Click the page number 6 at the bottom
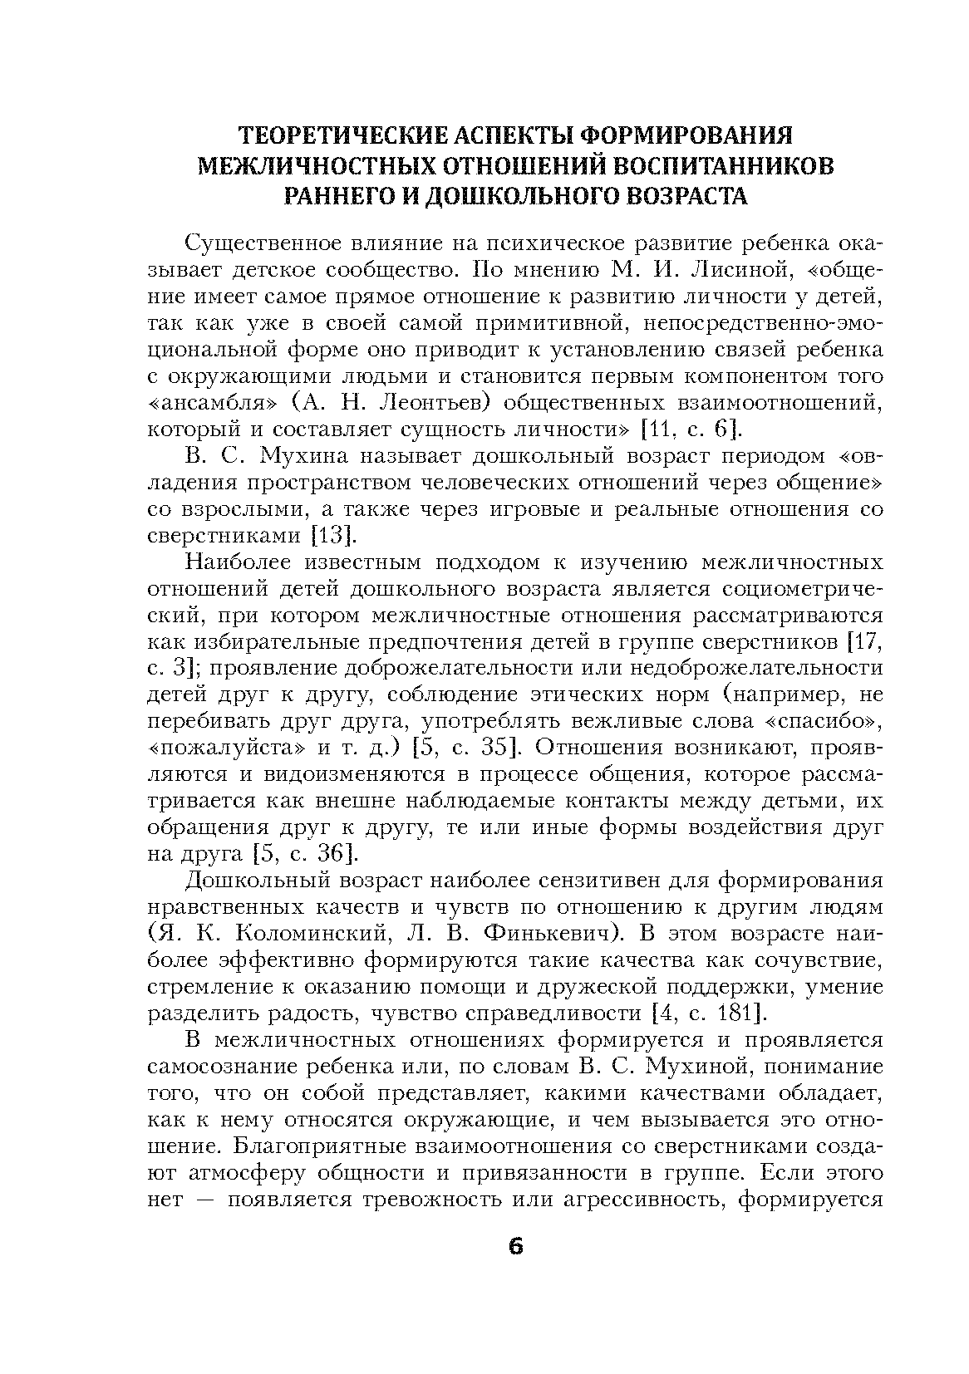pos(515,1248)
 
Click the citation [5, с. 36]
pos(303,854)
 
